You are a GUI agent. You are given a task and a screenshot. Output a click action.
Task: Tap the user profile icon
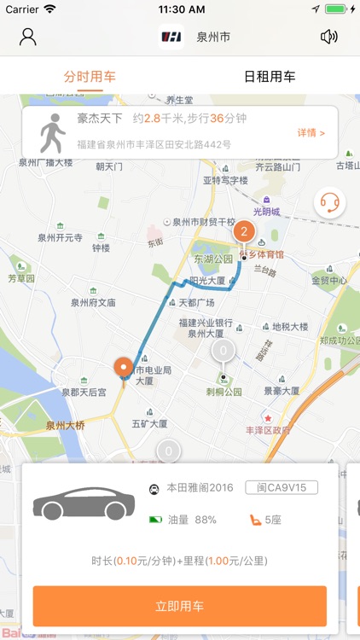coord(28,37)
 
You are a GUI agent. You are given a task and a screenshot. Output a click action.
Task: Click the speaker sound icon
coord(328,37)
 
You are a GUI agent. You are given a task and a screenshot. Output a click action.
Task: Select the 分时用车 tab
coord(90,76)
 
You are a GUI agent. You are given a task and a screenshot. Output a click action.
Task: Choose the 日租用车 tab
coord(270,76)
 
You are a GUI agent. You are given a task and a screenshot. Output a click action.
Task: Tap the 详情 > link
coord(311,133)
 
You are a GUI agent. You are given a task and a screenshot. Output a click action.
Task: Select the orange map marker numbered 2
coord(244,232)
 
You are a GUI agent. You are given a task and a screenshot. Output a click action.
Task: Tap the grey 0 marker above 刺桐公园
coord(224,351)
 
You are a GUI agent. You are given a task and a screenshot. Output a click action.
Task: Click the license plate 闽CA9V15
coord(282,488)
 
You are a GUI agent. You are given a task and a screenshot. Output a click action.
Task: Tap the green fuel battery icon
coord(155,519)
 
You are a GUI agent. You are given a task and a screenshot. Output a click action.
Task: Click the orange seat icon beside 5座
coord(253,519)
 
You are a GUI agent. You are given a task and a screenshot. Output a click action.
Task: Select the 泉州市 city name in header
coord(213,37)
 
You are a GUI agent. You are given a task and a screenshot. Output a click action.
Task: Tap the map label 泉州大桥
coord(66,425)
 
